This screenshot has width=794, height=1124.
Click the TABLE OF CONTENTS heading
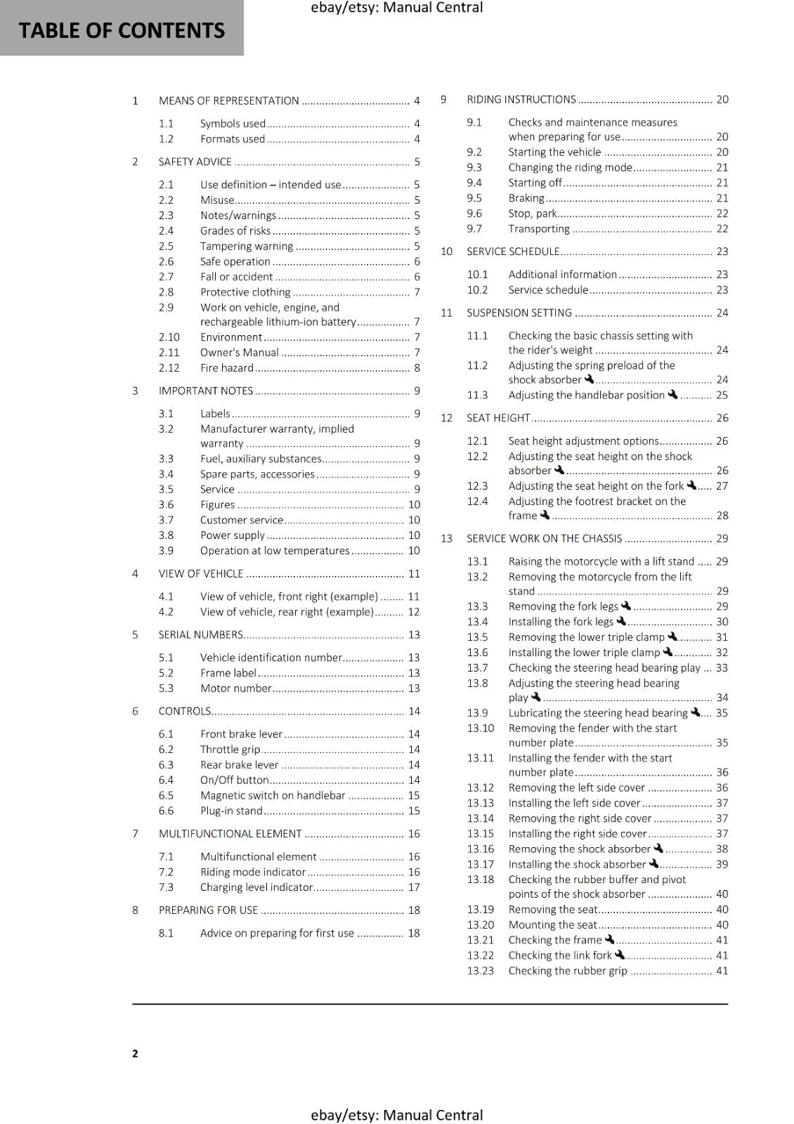tap(122, 31)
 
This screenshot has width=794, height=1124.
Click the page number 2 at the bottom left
tap(135, 1053)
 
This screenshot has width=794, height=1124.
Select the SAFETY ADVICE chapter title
tap(195, 162)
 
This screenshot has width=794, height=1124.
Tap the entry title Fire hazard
tap(226, 367)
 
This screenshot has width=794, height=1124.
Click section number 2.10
tap(169, 337)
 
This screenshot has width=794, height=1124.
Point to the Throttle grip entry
tap(230, 750)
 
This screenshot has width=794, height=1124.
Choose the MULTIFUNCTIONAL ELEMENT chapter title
tap(230, 834)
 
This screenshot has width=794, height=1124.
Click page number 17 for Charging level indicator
tap(414, 887)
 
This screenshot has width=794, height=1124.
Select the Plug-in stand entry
tap(231, 811)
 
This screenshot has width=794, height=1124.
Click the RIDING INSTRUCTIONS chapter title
tap(521, 100)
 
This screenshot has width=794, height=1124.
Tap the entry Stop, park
tap(532, 214)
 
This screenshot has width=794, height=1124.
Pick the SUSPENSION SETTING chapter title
tap(519, 313)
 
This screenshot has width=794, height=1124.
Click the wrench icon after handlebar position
tap(672, 394)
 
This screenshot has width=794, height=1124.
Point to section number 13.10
tap(480, 728)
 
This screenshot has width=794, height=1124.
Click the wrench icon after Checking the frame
tap(609, 939)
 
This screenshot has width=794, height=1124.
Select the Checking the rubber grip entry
tap(567, 971)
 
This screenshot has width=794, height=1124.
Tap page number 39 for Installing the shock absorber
tap(722, 864)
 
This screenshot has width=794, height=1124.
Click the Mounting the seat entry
tap(552, 924)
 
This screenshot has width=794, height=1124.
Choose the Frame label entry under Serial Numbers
tap(228, 673)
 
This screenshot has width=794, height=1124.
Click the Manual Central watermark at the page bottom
tap(396, 1115)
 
